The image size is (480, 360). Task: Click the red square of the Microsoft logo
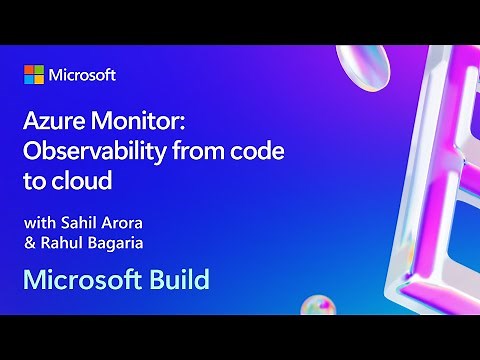tap(29, 70)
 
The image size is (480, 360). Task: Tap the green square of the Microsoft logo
tap(40, 70)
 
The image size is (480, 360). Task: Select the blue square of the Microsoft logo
tap(29, 81)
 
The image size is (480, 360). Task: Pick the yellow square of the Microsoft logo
tap(40, 81)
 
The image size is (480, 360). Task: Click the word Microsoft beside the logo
tap(84, 76)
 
